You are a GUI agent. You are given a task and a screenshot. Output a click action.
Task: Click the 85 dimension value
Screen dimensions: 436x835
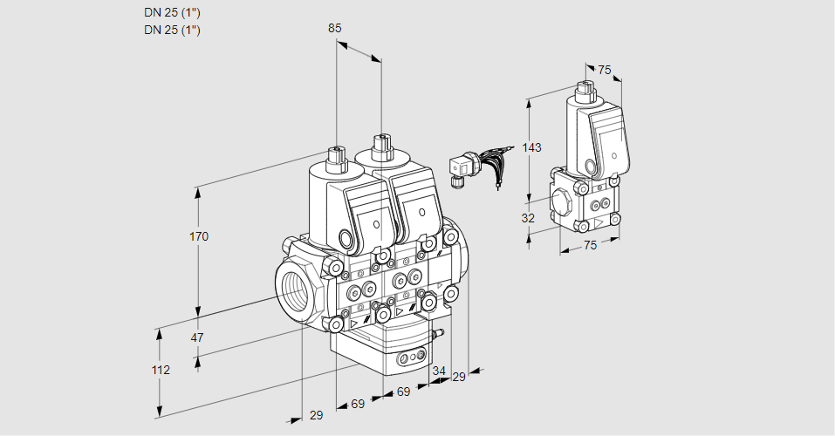[334, 28]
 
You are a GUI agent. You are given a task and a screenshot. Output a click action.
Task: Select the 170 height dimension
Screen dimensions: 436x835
[200, 236]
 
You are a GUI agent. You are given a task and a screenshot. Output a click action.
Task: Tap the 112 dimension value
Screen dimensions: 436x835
[160, 370]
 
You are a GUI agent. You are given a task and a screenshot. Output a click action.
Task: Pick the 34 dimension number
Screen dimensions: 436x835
[438, 371]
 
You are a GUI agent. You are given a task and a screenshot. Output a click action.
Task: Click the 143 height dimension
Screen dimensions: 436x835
[531, 147]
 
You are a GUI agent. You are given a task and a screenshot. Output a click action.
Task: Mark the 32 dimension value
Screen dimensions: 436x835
[528, 218]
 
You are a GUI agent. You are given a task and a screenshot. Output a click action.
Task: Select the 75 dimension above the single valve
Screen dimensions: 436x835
[605, 71]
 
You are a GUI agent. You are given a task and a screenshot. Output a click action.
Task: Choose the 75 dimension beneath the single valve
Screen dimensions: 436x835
[590, 245]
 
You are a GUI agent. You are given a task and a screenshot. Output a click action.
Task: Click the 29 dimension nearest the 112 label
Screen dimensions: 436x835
[316, 415]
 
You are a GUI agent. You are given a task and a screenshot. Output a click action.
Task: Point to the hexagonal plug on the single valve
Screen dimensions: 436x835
[564, 203]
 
